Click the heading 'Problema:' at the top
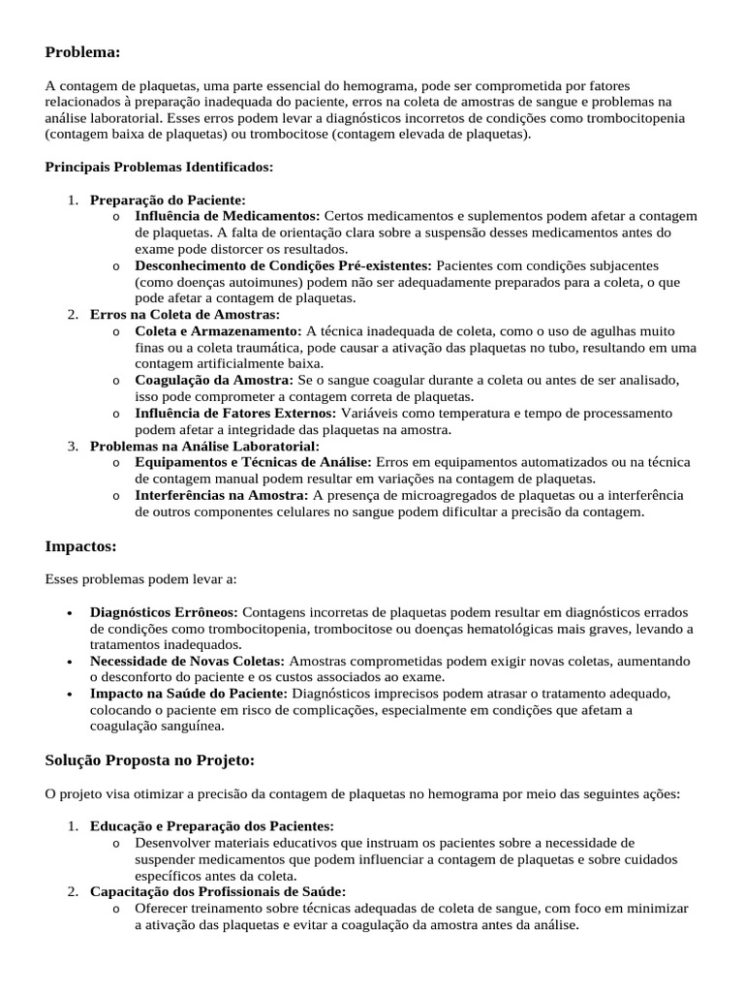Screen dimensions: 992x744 coord(82,51)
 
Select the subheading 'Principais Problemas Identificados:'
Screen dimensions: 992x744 coord(159,167)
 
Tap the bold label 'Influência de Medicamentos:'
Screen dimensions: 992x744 coord(227,215)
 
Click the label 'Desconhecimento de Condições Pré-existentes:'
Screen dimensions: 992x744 coord(283,264)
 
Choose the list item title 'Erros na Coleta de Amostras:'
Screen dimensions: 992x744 coord(184,314)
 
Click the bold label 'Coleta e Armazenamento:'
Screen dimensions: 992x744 coord(218,330)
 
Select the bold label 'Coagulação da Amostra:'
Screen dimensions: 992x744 coord(213,380)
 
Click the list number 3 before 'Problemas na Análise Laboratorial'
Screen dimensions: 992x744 coord(73,446)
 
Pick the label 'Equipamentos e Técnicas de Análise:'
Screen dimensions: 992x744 coord(253,462)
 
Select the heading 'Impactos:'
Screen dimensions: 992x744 coord(80,546)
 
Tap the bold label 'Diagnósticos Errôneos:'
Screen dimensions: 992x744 coord(165,612)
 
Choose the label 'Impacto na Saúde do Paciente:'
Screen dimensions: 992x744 coord(189,694)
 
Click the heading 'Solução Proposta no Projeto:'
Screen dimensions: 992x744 coord(149,759)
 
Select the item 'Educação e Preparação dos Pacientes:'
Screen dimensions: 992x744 coord(211,825)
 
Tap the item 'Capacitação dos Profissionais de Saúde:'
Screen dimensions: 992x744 coord(217,891)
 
